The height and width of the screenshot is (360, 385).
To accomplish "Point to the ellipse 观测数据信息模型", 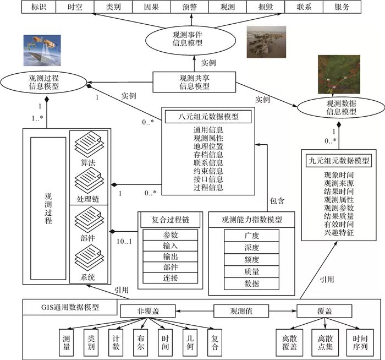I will [339, 108].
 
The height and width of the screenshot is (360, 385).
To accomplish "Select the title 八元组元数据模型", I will [207, 117].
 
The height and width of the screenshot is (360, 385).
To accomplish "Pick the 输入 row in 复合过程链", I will [170, 246].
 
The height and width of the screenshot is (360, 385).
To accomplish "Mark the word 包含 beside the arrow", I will [278, 201].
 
